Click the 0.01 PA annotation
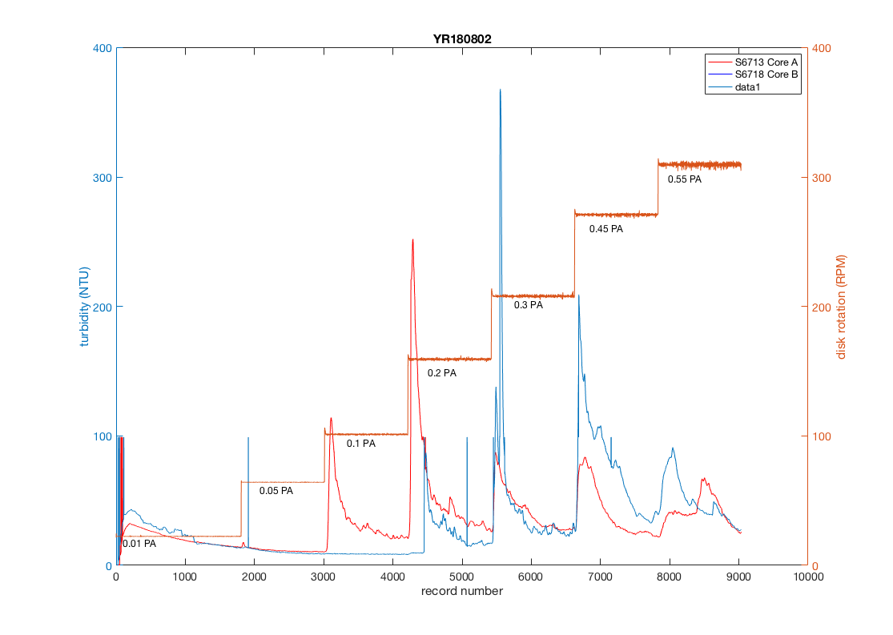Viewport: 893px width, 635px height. click(x=139, y=544)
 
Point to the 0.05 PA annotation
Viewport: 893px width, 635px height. click(x=276, y=490)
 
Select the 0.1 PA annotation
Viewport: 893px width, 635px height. click(x=360, y=444)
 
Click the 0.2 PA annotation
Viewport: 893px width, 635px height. click(x=441, y=373)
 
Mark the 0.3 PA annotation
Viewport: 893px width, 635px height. click(x=529, y=305)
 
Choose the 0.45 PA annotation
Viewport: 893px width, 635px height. click(x=606, y=229)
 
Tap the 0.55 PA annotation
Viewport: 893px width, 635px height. click(x=685, y=179)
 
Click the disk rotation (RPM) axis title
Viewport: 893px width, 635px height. click(x=842, y=307)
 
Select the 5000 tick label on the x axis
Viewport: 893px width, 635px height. click(x=462, y=576)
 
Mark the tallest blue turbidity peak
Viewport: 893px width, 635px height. click(x=500, y=90)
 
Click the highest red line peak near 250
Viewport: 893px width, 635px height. click(x=412, y=239)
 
